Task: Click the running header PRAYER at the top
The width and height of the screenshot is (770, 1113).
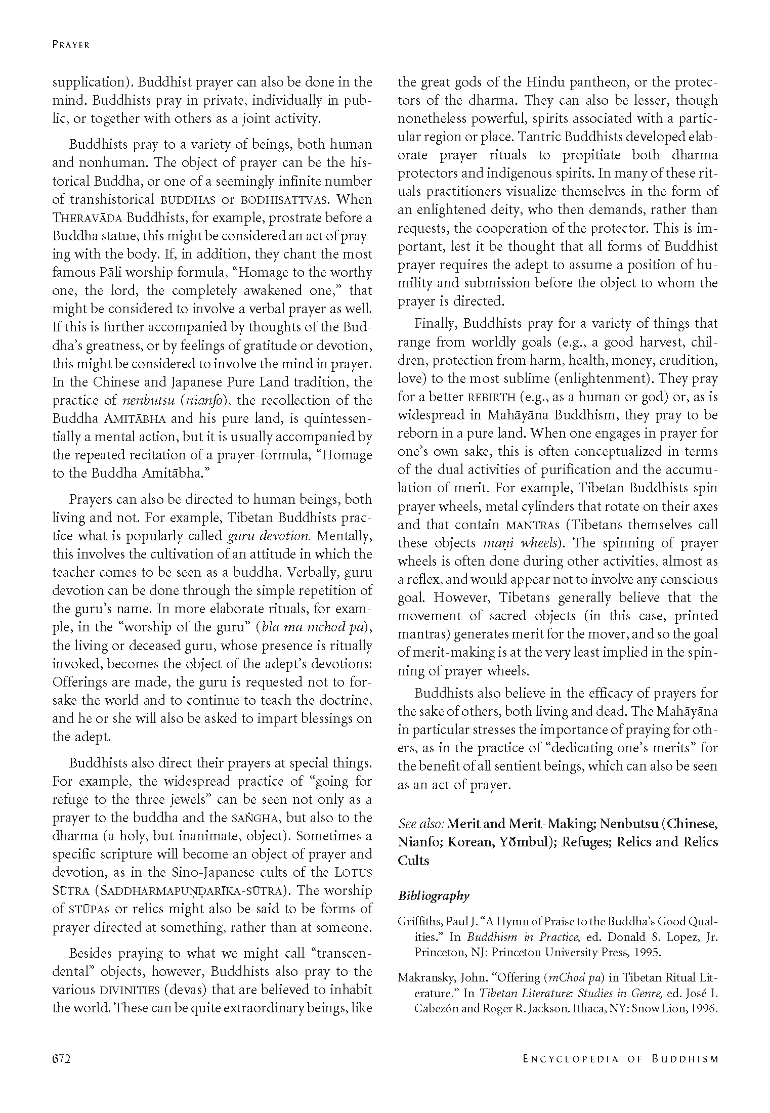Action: (71, 45)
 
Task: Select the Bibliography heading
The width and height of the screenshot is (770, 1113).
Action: (434, 895)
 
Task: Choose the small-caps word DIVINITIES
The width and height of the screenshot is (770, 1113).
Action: (130, 990)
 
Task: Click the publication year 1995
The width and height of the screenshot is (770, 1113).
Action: (647, 953)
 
